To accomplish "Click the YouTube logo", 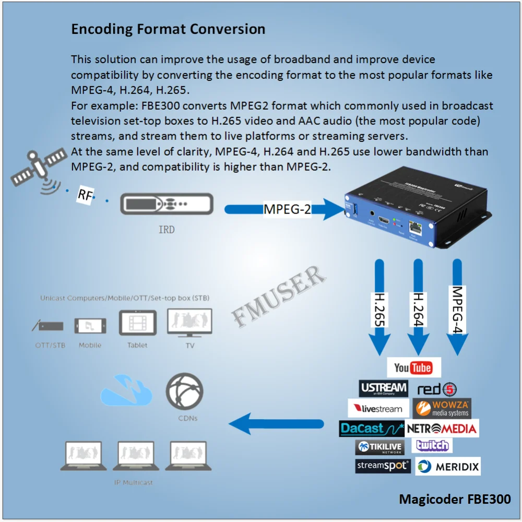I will click(413, 367).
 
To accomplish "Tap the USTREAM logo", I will click(383, 388).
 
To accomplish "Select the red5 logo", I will click(437, 389).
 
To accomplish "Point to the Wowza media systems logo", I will click(442, 408).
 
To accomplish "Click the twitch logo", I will click(432, 445).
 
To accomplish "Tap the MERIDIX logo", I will click(448, 466).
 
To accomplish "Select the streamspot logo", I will click(383, 466).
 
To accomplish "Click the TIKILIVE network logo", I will click(380, 447).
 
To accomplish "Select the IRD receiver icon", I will click(166, 204).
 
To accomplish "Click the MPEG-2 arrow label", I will click(287, 209).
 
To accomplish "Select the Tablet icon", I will click(137, 324).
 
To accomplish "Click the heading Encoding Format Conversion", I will click(168, 29).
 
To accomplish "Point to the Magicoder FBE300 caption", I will click(455, 499).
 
